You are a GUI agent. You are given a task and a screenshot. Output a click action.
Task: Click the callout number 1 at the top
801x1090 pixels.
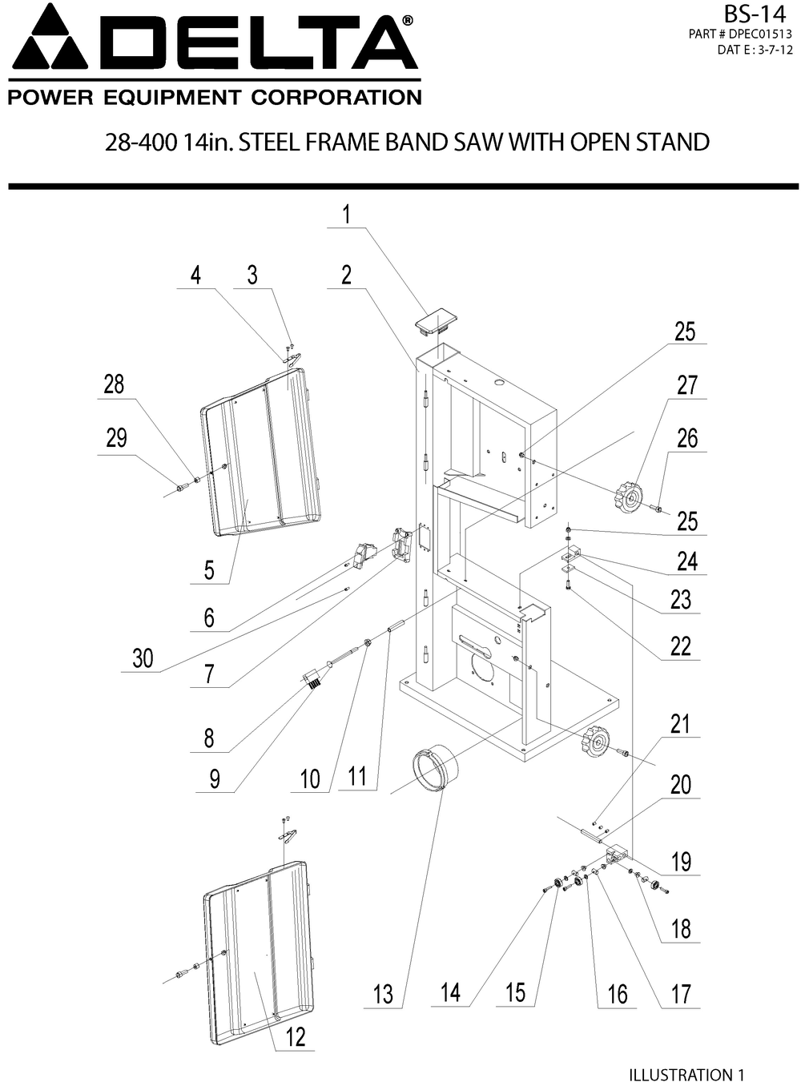(x=346, y=215)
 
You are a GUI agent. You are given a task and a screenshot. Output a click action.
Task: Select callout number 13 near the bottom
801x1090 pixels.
(x=383, y=994)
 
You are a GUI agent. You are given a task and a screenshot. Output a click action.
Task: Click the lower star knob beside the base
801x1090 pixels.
(x=594, y=742)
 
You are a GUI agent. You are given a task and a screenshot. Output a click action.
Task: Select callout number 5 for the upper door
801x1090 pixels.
(x=209, y=569)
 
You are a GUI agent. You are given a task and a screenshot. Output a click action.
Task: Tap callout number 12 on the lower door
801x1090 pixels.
(x=296, y=1036)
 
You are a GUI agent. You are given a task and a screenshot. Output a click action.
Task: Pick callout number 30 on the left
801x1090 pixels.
(x=143, y=658)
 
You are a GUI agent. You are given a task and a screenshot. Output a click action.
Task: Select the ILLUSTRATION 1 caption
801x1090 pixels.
(x=686, y=1075)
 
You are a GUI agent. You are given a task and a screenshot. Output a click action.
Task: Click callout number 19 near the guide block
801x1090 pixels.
(x=681, y=862)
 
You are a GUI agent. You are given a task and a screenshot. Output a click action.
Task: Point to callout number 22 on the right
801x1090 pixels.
(x=680, y=646)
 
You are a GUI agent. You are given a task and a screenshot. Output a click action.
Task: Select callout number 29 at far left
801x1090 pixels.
(x=116, y=438)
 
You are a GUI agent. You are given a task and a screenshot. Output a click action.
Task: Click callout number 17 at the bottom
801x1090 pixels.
(x=680, y=994)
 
